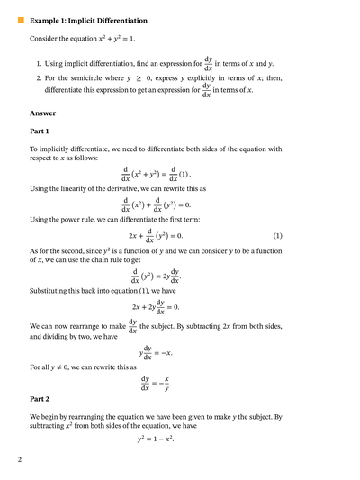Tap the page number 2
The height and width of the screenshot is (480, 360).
(x=19, y=460)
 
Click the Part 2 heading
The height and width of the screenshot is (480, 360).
(x=40, y=397)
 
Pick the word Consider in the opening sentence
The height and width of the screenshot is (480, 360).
(x=46, y=40)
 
